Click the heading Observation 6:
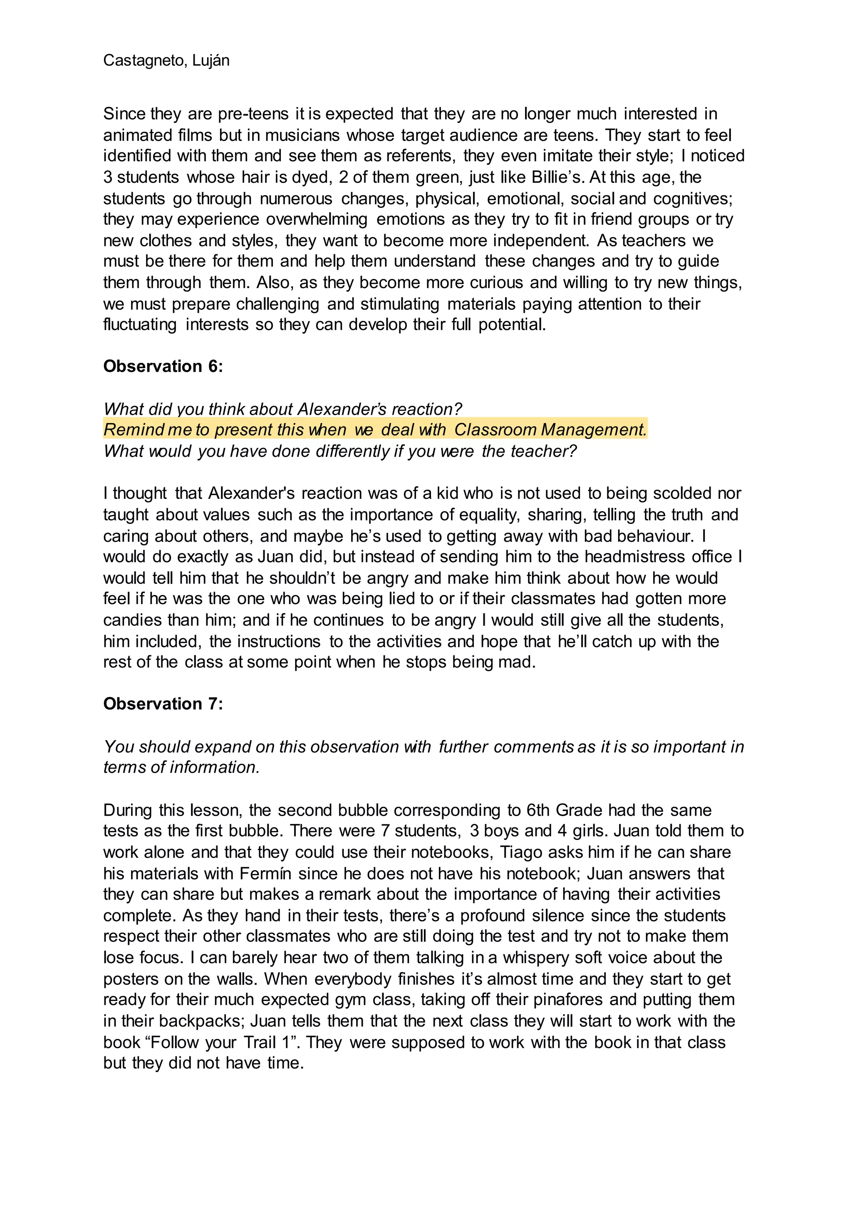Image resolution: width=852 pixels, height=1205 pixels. pyautogui.click(x=163, y=366)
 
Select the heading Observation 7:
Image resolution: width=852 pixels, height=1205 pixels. pyautogui.click(x=163, y=704)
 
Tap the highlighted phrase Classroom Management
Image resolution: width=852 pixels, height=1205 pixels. pyautogui.click(x=550, y=429)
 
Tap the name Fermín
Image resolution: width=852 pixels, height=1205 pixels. pyautogui.click(x=265, y=873)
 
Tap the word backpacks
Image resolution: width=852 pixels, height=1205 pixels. pyautogui.click(x=201, y=1021)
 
